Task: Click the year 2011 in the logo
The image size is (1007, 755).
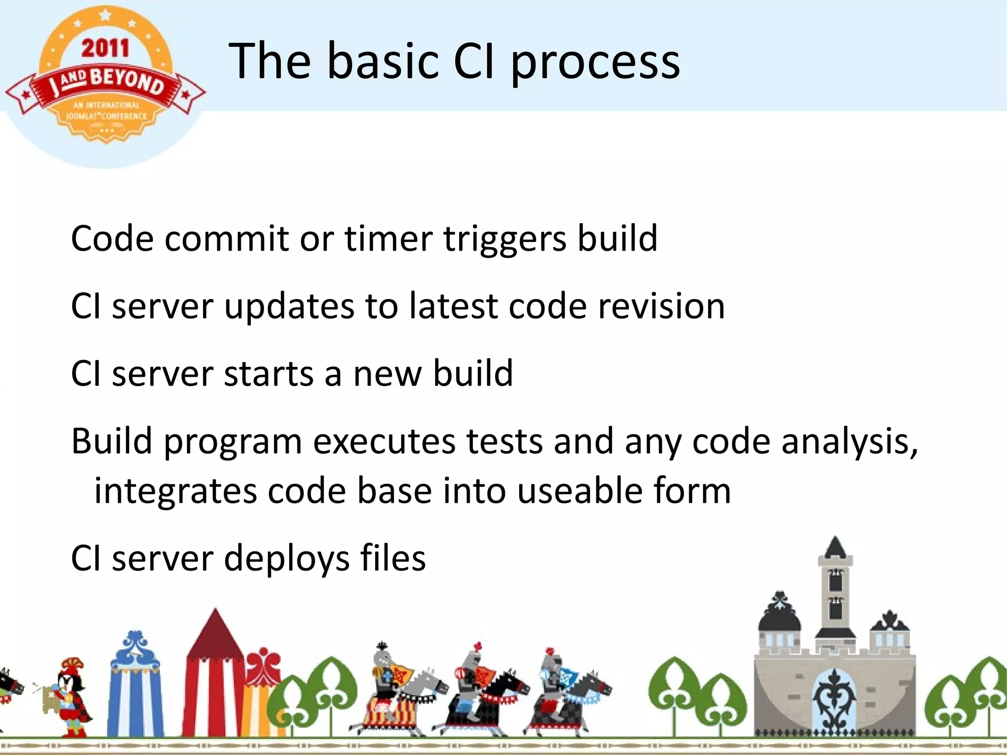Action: [x=105, y=48]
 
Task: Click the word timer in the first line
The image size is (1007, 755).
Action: [x=388, y=239]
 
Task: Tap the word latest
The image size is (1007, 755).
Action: [x=453, y=306]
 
